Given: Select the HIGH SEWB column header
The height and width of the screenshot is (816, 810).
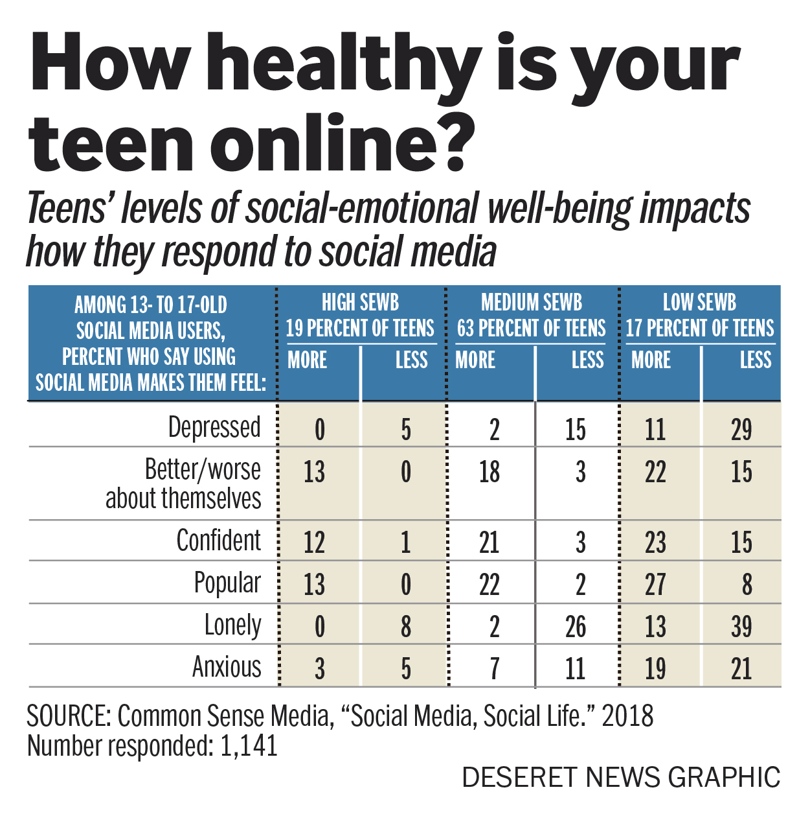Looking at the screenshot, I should pos(360,303).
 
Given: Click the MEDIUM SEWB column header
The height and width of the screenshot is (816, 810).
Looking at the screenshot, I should pos(532,303).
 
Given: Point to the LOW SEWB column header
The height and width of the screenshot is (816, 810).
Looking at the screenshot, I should pos(700,303).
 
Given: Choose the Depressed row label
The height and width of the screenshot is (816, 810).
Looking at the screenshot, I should pos(214,428).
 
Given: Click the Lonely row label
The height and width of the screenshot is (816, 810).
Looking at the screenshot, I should pos(232,625).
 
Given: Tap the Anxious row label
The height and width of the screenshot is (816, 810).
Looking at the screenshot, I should pos(227,667).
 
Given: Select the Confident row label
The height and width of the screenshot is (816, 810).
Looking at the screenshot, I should pos(219,541).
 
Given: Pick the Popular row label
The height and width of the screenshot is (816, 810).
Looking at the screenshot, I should pos(227,583).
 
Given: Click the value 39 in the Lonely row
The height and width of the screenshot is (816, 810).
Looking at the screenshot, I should pos(741,627).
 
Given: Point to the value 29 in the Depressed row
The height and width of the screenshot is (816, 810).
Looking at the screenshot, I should pos(741,430).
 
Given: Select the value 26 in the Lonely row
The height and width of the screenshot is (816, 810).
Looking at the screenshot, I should pos(575,627).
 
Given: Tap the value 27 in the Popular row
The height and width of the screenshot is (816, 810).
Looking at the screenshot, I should pos(655,585).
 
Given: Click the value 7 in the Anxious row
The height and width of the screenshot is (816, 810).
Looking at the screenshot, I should pos(495,669).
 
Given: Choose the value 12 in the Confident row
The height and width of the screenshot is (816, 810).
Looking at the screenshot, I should pos(314,542).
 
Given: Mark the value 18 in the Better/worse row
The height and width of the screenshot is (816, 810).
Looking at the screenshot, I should pos(489,472).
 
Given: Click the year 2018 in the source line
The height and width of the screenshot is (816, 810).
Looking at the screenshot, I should pos(627,716).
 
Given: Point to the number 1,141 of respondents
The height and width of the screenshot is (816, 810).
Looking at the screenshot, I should pos(249,746).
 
